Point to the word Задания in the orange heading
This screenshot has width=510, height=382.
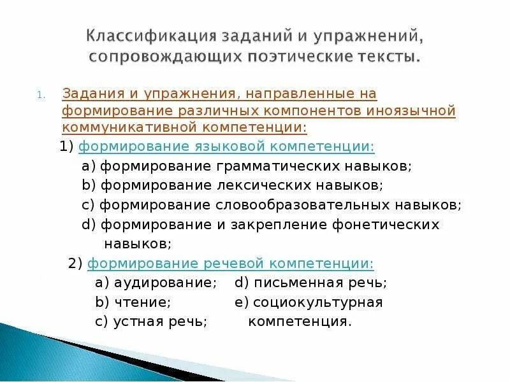88,94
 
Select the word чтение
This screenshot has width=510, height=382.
142,302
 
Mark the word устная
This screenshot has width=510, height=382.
135,322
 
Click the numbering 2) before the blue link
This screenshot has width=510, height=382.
75,264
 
